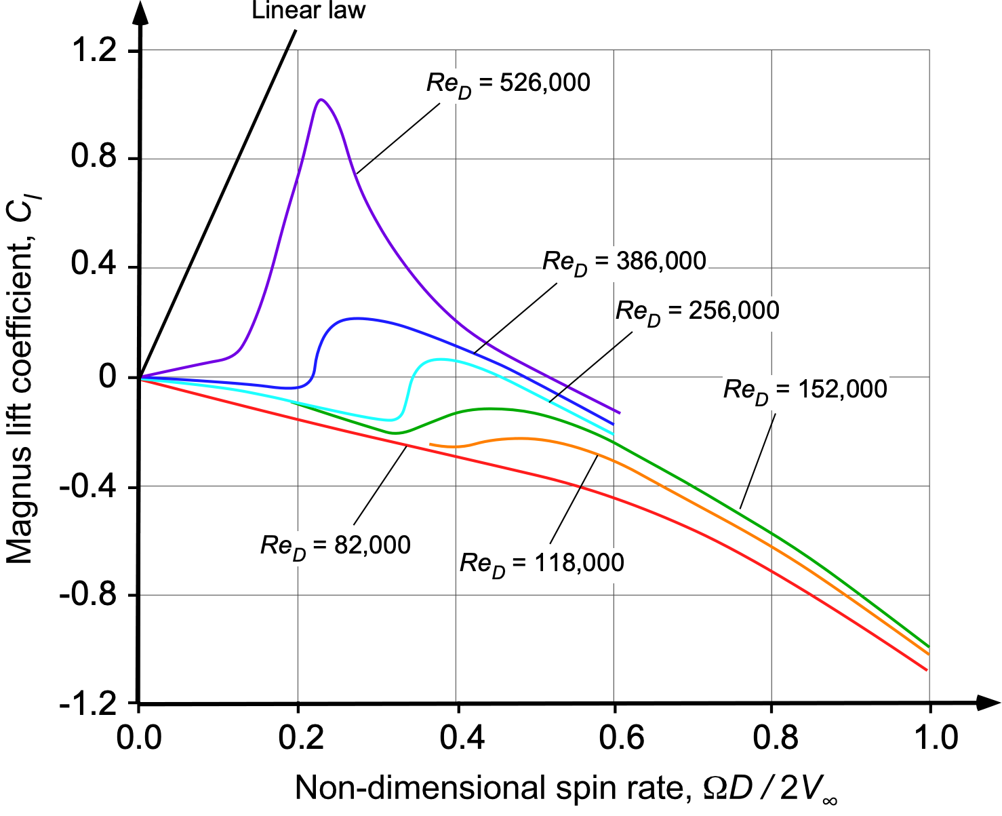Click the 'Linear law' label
pos(308,10)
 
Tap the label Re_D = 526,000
pos(508,83)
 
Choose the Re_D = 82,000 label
pos(335,545)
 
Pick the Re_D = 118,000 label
pos(542,563)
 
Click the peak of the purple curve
pos(321,100)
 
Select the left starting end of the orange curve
pos(430,444)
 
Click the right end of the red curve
pos(926,670)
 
